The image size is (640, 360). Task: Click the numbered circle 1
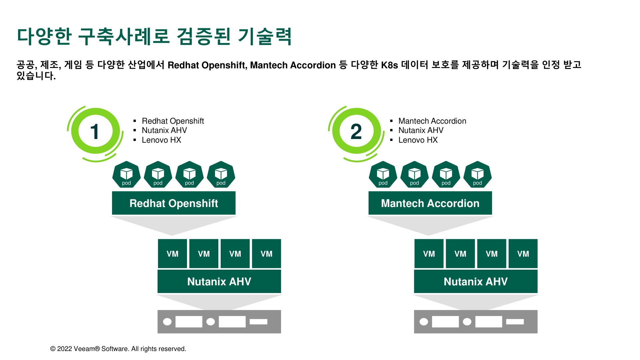click(95, 131)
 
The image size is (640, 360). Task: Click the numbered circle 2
click(356, 131)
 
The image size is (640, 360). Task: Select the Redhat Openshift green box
click(174, 203)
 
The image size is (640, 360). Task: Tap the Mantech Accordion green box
click(430, 203)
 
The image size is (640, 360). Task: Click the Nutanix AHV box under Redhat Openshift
click(219, 281)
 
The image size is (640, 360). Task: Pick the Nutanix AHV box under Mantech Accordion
click(476, 281)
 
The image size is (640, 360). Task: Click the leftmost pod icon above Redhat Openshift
click(126, 174)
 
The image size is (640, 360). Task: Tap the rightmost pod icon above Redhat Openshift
click(221, 174)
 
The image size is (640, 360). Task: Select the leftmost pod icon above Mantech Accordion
click(383, 174)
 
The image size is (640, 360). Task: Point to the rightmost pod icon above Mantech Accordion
click(478, 174)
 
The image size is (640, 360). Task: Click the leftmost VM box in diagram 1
click(172, 254)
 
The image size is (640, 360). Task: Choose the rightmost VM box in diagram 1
click(266, 254)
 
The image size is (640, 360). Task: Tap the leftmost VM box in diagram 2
click(429, 254)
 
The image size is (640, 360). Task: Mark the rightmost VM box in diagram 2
click(523, 254)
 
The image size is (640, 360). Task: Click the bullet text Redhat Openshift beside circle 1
click(173, 121)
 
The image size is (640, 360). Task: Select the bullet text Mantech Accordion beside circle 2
click(432, 121)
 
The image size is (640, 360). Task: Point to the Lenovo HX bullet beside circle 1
click(161, 140)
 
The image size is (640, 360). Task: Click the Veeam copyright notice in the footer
click(118, 349)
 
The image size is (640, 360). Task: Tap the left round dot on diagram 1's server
click(167, 322)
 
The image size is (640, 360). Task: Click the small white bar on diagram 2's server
click(515, 322)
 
